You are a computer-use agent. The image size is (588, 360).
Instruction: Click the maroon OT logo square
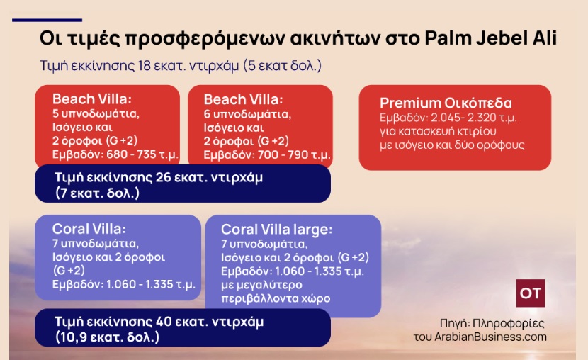point(530,293)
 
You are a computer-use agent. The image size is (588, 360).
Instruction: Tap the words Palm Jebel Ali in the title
point(490,38)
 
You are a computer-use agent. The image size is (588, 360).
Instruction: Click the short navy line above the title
point(47,20)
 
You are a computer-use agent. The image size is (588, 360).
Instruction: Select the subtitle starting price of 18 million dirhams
point(181,66)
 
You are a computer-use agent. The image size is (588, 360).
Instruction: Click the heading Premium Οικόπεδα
point(446,103)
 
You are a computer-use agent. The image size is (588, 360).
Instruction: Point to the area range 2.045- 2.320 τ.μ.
point(474,118)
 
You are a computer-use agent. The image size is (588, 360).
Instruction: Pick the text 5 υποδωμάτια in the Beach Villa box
point(96,113)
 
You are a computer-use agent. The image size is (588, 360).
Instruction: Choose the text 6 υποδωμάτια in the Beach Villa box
point(247,114)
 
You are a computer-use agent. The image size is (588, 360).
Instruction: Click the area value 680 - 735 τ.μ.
point(142,154)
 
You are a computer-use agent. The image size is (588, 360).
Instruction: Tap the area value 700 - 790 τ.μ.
point(294,154)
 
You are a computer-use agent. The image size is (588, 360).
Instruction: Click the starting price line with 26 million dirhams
point(159,177)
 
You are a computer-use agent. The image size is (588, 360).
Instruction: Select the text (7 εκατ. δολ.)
point(98,193)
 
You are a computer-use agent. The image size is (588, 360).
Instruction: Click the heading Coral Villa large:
point(277,229)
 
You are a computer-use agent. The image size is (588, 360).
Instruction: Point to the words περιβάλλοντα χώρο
point(276,298)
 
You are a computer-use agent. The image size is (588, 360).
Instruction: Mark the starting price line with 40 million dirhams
point(159,321)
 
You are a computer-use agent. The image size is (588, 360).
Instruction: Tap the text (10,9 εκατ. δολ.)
point(107,337)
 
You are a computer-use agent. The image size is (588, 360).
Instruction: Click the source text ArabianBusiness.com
point(490,337)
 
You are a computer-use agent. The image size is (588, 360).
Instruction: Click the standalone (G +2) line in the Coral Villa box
point(69,271)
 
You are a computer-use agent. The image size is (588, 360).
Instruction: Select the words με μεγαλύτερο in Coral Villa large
point(261,285)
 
